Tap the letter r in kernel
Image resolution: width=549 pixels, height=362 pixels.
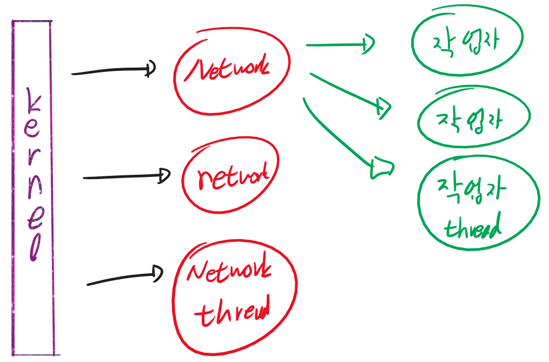tap(32, 161)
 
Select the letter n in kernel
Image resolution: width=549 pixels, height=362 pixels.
tap(34, 189)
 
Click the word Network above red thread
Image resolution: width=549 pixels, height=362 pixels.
tap(229, 273)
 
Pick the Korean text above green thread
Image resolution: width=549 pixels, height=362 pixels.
tap(472, 190)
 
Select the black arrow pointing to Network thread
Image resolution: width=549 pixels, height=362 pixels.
tap(124, 278)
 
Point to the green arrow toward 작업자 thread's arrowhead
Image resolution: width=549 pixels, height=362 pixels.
tap(381, 168)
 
